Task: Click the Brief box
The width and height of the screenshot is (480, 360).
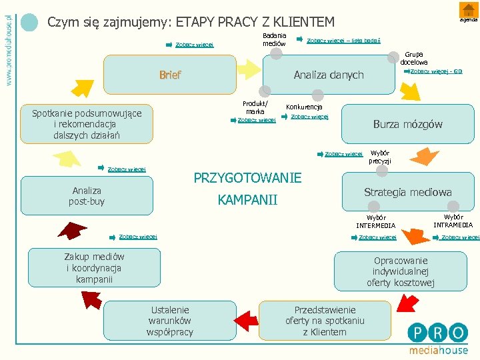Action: click(170, 75)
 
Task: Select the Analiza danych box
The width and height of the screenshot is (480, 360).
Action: click(329, 75)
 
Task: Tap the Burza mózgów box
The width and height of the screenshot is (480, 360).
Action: click(407, 124)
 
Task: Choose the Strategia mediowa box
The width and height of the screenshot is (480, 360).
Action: click(407, 192)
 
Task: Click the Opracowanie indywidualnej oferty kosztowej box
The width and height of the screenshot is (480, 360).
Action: click(400, 271)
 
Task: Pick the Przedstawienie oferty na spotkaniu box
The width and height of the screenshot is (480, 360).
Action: click(325, 321)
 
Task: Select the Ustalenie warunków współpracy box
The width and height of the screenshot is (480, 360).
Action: click(170, 321)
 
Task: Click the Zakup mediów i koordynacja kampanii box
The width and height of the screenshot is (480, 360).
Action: click(94, 268)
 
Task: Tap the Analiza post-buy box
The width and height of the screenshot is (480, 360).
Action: click(87, 195)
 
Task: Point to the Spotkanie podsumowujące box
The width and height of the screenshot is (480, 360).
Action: click(87, 124)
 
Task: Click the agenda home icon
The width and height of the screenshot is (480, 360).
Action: click(466, 10)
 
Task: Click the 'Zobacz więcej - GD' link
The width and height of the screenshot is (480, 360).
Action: click(436, 71)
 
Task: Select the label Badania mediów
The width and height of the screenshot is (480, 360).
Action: click(274, 39)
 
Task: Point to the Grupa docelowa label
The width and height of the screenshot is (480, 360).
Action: click(414, 58)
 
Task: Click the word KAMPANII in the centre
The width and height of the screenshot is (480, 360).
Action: click(247, 201)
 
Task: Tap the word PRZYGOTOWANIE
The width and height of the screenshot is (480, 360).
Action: click(247, 178)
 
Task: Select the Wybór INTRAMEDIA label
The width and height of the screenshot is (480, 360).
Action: click(453, 221)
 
